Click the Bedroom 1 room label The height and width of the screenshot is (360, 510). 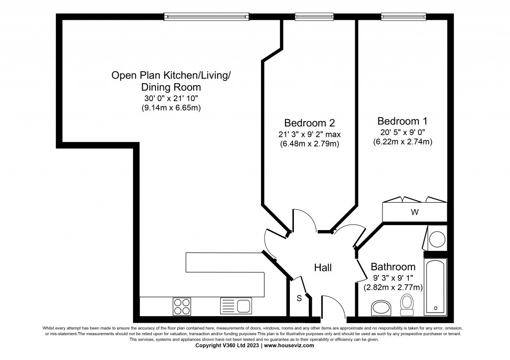point(402,121)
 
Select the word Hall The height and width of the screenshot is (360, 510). point(323,268)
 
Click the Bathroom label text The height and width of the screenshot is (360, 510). point(393,267)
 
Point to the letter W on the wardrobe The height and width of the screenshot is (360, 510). point(414,212)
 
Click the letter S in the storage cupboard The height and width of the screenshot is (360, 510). point(299,299)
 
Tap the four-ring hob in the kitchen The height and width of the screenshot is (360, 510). point(182,305)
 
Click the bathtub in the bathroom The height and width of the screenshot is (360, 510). point(436,286)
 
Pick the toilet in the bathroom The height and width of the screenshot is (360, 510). point(407,304)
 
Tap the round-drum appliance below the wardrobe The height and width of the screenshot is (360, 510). point(438,238)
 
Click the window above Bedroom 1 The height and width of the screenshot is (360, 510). point(404,16)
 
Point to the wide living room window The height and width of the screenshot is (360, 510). point(206,16)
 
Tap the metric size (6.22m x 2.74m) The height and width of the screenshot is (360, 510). point(402,142)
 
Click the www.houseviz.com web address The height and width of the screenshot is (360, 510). point(289,345)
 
